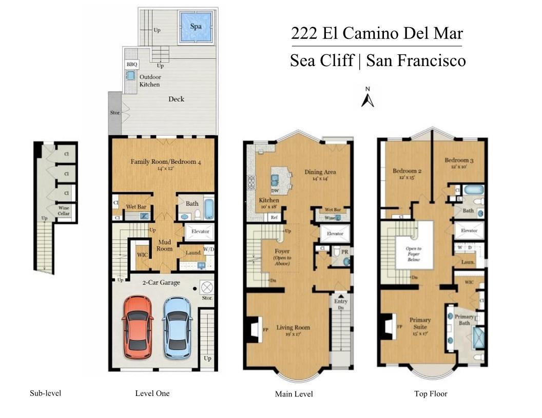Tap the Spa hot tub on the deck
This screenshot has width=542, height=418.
pyautogui.click(x=196, y=27)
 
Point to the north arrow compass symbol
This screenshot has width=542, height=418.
pyautogui.click(x=367, y=97)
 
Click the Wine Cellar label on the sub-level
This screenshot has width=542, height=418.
pyautogui.click(x=64, y=210)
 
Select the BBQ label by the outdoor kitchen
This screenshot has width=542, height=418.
pyautogui.click(x=132, y=65)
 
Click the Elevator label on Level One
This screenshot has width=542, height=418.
pyautogui.click(x=200, y=232)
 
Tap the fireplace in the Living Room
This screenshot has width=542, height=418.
pyautogui.click(x=253, y=328)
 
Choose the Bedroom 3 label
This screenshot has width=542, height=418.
pyautogui.click(x=458, y=161)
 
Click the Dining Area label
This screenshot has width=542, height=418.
pyautogui.click(x=320, y=172)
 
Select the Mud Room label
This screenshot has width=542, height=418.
pyautogui.click(x=165, y=245)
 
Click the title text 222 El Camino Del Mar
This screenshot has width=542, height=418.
pyautogui.click(x=377, y=34)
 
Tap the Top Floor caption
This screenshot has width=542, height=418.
pyautogui.click(x=431, y=394)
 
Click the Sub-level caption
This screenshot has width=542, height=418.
pyautogui.click(x=46, y=393)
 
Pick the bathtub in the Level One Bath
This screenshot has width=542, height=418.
pyautogui.click(x=209, y=209)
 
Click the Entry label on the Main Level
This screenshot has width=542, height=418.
pyautogui.click(x=341, y=302)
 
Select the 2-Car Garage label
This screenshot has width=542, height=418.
pyautogui.click(x=161, y=282)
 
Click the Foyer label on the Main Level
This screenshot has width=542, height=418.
pyautogui.click(x=282, y=252)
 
